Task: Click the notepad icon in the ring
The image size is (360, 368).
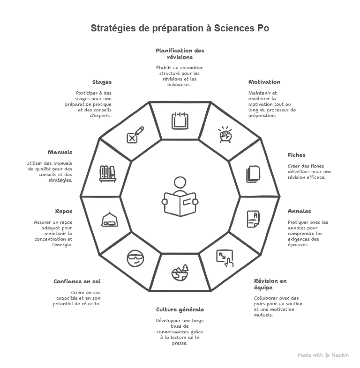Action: tap(180, 121)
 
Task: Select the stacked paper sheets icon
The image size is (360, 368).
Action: tap(253, 174)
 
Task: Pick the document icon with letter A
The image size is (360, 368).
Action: tap(253, 218)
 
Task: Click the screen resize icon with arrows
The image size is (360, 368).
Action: tap(225, 258)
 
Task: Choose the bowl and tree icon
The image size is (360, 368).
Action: tap(180, 272)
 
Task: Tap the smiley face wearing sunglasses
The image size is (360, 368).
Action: tap(135, 258)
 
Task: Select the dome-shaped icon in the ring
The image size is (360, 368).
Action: tap(109, 219)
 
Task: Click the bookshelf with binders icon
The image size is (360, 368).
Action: tap(107, 173)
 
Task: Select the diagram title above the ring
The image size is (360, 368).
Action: tap(180, 29)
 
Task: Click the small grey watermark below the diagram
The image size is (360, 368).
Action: tap(322, 356)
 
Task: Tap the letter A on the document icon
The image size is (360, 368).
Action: tap(255, 215)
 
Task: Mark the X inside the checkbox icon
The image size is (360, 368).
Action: tap(132, 138)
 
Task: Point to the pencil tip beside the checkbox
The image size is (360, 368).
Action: tap(142, 128)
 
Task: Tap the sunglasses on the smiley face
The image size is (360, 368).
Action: tap(135, 256)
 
